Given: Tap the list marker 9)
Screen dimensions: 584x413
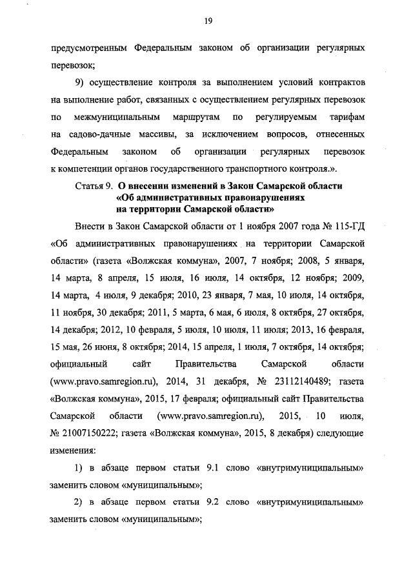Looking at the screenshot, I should pyautogui.click(x=83, y=83).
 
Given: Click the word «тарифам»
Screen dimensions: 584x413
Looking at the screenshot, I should pyautogui.click(x=348, y=118).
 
